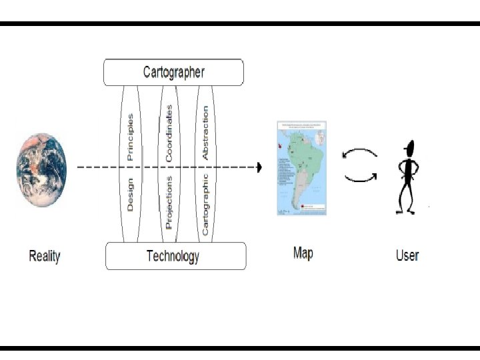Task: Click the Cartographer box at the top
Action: pos(173,72)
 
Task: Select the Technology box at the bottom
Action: pos(176,256)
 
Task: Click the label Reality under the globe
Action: pos(45,256)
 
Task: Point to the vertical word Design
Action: pos(130,193)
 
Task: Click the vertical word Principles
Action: pos(130,137)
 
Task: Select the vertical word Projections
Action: pos(169,202)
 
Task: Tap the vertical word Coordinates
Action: pos(169,133)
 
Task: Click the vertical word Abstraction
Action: pos(205,131)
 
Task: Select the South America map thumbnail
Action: pos(302,168)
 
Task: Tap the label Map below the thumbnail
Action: pos(303,253)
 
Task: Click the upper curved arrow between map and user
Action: pos(360,154)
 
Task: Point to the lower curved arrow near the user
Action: pos(360,178)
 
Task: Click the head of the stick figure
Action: pos(409,147)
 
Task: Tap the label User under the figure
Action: pos(407,255)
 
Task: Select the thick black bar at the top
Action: pos(240,23)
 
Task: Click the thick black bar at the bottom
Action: pos(240,347)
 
